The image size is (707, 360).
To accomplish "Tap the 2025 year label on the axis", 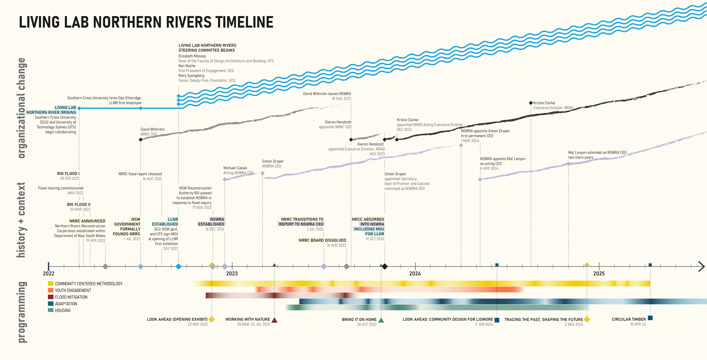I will click(599, 274).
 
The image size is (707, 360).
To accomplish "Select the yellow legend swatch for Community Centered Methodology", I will click(50, 283).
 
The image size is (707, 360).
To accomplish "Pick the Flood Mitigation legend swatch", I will click(50, 297).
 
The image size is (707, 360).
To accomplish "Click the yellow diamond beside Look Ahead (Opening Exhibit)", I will click(212, 319).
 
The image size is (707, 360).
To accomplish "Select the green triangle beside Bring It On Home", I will click(381, 320).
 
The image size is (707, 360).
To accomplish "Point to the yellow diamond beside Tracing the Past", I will click(587, 319).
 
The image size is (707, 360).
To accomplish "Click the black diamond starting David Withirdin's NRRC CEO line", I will click(141, 140).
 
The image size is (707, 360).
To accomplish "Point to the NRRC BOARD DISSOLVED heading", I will click(322, 240).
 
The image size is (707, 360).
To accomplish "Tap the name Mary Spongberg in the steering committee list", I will click(191, 75).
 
